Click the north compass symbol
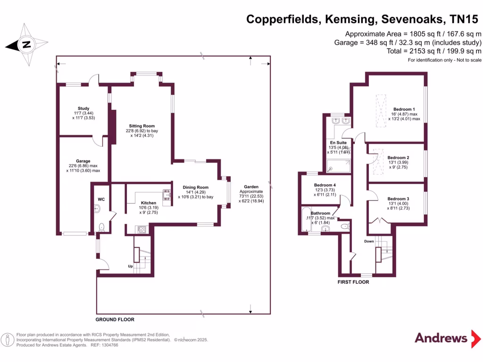27,45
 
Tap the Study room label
83,109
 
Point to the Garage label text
83,161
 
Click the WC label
101,199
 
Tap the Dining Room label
196,187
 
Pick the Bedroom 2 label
398,157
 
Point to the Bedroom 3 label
398,199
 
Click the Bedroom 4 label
325,185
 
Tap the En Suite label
338,142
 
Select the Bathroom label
320,213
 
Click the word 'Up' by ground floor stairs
131,266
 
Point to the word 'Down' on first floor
369,241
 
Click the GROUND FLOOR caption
115,320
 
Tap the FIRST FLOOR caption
353,282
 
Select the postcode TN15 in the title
465,19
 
